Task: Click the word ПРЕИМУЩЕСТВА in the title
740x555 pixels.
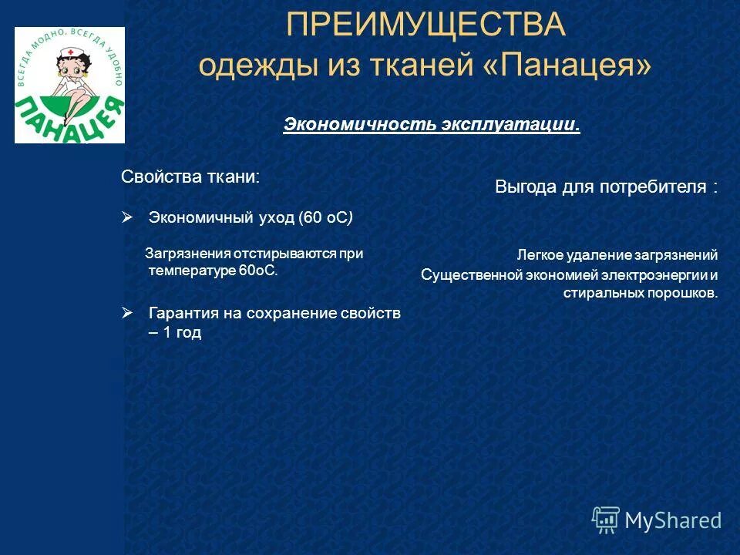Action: coord(425,25)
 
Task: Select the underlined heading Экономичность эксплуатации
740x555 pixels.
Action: coord(431,125)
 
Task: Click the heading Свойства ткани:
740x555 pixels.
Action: coord(190,177)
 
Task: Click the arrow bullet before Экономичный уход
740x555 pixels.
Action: coord(128,218)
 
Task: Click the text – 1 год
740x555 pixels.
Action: coord(175,333)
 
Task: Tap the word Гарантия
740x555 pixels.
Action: coord(182,313)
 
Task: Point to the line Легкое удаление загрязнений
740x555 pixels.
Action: coord(617,254)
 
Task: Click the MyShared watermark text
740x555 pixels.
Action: coord(673,521)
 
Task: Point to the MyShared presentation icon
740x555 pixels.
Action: coord(606,520)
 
